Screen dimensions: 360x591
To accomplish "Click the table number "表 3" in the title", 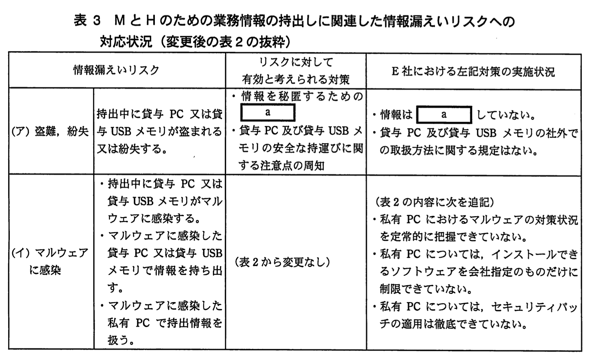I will (87, 21).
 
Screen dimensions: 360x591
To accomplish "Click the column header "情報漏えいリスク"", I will (116, 70).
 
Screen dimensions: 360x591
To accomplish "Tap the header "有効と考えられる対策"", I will (295, 80).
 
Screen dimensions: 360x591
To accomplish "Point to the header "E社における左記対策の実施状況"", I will (473, 72).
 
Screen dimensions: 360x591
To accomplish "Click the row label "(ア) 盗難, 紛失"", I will (50, 131).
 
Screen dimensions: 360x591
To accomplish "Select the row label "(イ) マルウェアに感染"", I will (50, 261).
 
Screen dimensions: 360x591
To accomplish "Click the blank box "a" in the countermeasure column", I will (268, 113).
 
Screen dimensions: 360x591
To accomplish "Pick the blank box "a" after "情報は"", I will (444, 115).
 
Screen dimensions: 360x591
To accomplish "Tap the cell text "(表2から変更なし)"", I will (282, 262).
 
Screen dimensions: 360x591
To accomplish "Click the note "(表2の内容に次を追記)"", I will (435, 202).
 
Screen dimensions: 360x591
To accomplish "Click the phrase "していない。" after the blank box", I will (506, 115).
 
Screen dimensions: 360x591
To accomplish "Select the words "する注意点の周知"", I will (281, 165).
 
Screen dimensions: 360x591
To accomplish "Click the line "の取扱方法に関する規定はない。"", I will (459, 150).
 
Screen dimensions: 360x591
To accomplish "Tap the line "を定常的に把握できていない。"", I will (454, 237).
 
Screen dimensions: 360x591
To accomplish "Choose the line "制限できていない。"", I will (426, 289).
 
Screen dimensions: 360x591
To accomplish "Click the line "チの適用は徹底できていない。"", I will (454, 324).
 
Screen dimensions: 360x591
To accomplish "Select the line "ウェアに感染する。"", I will (154, 219).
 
